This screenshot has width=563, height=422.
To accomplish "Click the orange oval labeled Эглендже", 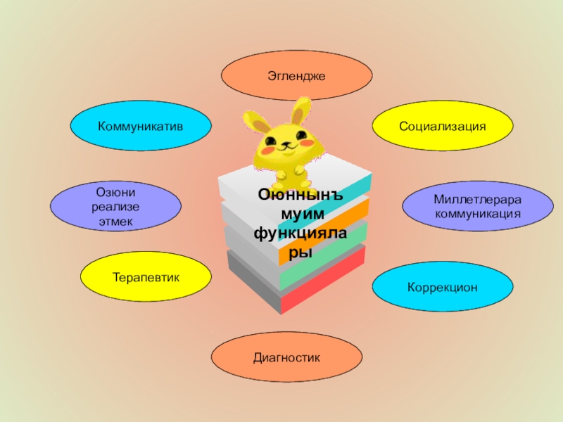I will point(296,75).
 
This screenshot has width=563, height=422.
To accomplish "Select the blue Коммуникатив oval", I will point(140,126).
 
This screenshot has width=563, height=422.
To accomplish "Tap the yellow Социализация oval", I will point(443,126).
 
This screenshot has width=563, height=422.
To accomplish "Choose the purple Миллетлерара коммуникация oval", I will point(477,207).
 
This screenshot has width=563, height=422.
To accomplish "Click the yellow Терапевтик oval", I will point(146,278).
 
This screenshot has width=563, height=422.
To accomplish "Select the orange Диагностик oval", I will point(286,359).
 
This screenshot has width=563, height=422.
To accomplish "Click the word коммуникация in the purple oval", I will point(477,213).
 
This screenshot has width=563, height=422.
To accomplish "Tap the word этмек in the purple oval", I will point(115,222).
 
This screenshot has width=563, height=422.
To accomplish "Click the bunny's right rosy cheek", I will point(305,141).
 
